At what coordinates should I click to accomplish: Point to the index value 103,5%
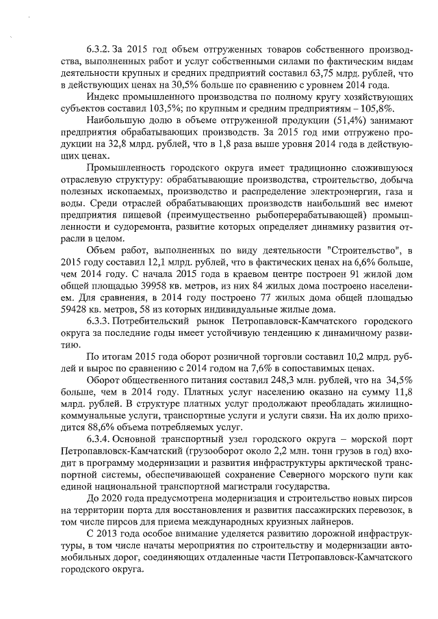(x=185, y=109)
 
